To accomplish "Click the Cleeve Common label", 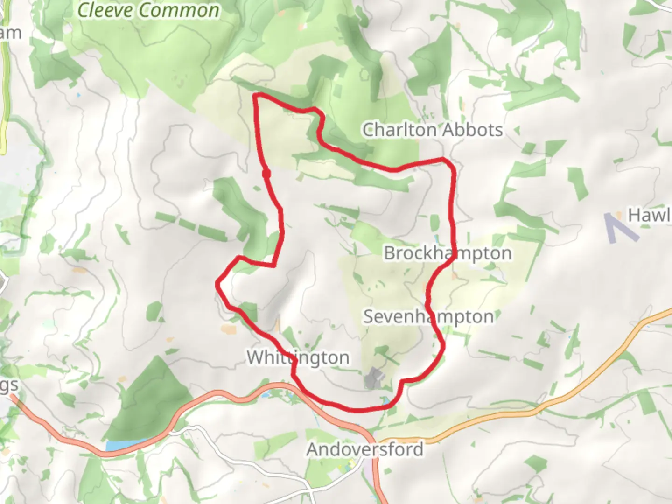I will (148, 10).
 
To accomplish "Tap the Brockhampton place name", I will (448, 253).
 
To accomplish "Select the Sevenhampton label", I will (428, 317).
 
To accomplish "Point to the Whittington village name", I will (298, 357).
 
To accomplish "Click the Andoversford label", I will (365, 449).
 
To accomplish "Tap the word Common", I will (179, 10).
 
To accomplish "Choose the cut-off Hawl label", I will (650, 215).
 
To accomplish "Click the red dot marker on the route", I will (266, 174).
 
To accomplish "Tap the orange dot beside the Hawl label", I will (619, 215).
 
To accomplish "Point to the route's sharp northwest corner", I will (255, 96).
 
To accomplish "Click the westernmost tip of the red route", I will (217, 283).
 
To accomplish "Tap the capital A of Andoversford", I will (313, 449).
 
